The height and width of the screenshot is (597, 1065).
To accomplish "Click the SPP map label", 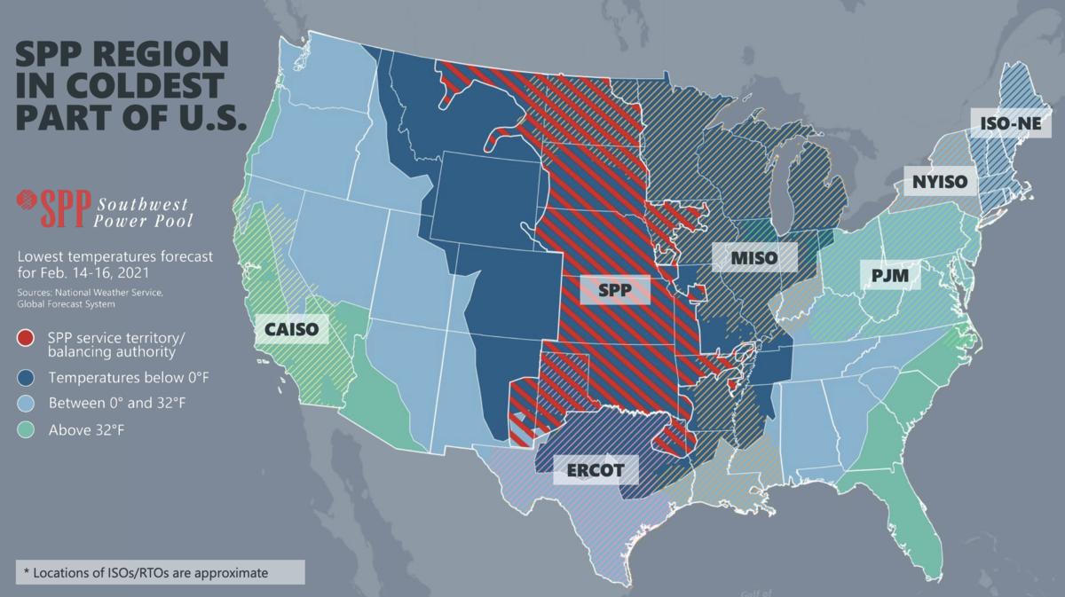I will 615,291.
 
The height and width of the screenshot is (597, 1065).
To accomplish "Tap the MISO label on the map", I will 754,257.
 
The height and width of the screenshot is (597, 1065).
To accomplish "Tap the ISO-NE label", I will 1010,123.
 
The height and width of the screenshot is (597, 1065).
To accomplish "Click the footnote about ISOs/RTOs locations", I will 151,572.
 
